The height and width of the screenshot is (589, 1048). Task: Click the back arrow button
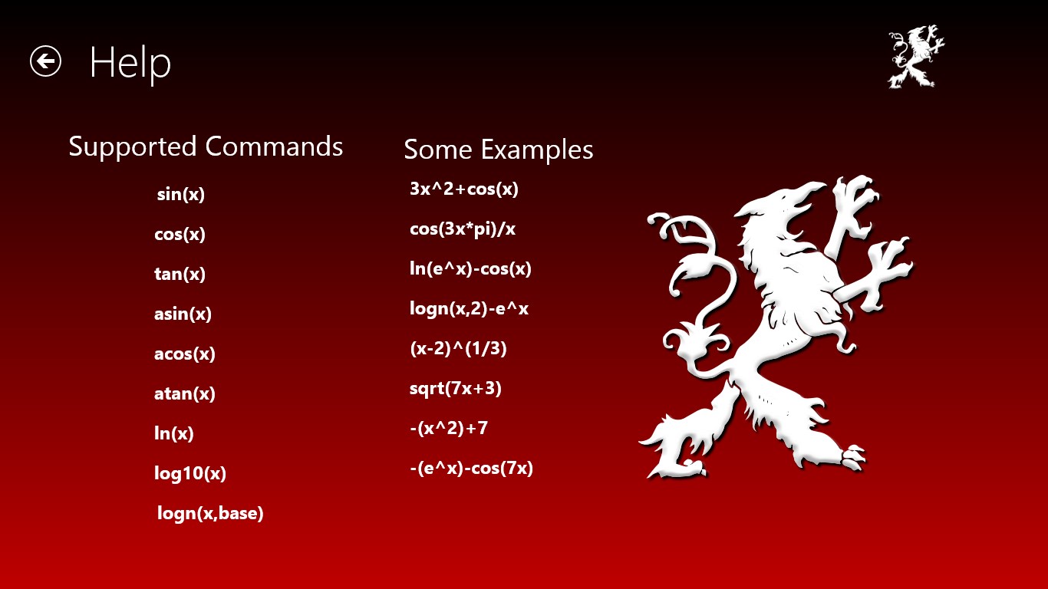(x=45, y=61)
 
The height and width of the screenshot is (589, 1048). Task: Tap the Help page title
(x=130, y=63)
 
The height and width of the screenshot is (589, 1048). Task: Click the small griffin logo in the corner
(x=916, y=56)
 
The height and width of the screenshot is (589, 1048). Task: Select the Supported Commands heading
(x=206, y=147)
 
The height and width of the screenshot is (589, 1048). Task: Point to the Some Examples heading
(x=498, y=150)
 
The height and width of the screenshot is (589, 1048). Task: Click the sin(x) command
(x=180, y=194)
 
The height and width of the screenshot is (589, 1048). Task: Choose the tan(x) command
(x=180, y=274)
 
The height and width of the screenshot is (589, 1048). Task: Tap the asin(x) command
(x=183, y=314)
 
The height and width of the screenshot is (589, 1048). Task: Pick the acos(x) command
(x=184, y=354)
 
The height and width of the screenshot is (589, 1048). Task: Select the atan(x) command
(x=184, y=393)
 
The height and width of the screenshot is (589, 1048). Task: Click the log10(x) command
(x=190, y=473)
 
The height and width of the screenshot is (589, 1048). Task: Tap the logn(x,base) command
(x=210, y=513)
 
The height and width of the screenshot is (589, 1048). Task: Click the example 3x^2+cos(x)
(x=464, y=189)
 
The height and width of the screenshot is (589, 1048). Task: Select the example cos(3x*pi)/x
(x=463, y=229)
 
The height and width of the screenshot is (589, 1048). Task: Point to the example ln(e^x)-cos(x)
(x=470, y=269)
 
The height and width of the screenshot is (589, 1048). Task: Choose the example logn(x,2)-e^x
(x=469, y=309)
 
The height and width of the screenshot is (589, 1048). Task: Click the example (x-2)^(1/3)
(x=458, y=348)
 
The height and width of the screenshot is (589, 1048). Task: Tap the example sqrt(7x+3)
(x=455, y=389)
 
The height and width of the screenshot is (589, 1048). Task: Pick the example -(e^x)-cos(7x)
(x=471, y=469)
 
